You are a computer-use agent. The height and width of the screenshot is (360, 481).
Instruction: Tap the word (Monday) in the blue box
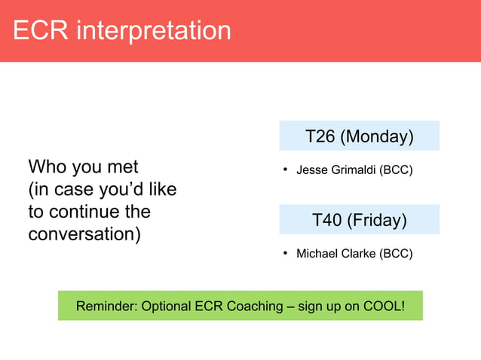coord(377,136)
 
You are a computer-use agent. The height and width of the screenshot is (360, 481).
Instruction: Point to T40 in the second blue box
coord(327,220)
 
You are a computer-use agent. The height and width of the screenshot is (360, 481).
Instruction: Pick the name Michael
coord(317,254)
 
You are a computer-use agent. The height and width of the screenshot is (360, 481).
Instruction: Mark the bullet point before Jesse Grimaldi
coord(285,169)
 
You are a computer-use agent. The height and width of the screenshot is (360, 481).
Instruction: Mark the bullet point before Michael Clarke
coord(285,254)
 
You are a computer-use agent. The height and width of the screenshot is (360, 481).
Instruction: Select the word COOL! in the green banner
coord(383,306)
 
